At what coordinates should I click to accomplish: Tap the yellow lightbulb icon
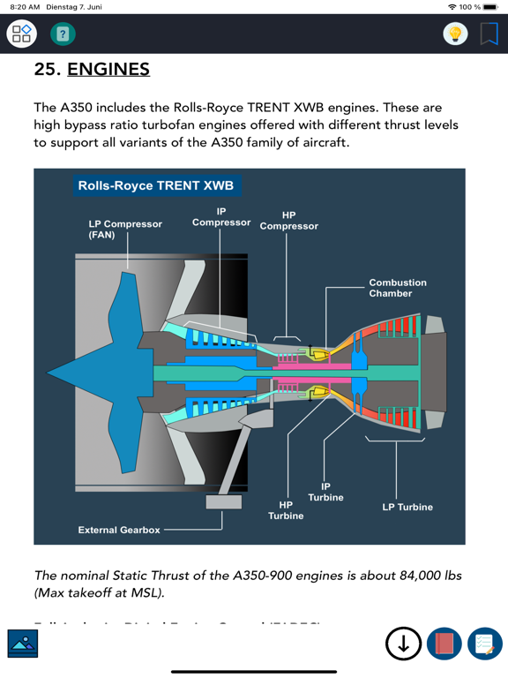pyautogui.click(x=455, y=34)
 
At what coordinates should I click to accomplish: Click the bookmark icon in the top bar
pyautogui.click(x=489, y=34)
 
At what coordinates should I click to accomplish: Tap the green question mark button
pyautogui.click(x=63, y=34)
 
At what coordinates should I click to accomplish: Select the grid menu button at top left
pyautogui.click(x=22, y=34)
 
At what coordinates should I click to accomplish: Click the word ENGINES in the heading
pyautogui.click(x=108, y=69)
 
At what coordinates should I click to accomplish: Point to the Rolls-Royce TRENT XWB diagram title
pyautogui.click(x=156, y=186)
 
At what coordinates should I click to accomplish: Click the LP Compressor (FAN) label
pyautogui.click(x=125, y=230)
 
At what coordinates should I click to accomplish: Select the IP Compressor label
pyautogui.click(x=221, y=217)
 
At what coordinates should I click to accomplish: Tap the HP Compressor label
pyautogui.click(x=289, y=221)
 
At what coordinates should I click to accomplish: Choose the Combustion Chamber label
pyautogui.click(x=397, y=288)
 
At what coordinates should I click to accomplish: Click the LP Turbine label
pyautogui.click(x=407, y=508)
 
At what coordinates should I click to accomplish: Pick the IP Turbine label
pyautogui.click(x=325, y=492)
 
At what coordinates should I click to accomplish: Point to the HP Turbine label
pyautogui.click(x=286, y=510)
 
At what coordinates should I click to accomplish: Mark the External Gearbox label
pyautogui.click(x=119, y=531)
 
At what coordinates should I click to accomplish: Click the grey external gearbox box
pyautogui.click(x=223, y=501)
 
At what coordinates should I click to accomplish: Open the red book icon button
pyautogui.click(x=444, y=644)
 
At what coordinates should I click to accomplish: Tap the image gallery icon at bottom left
pyautogui.click(x=22, y=644)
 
